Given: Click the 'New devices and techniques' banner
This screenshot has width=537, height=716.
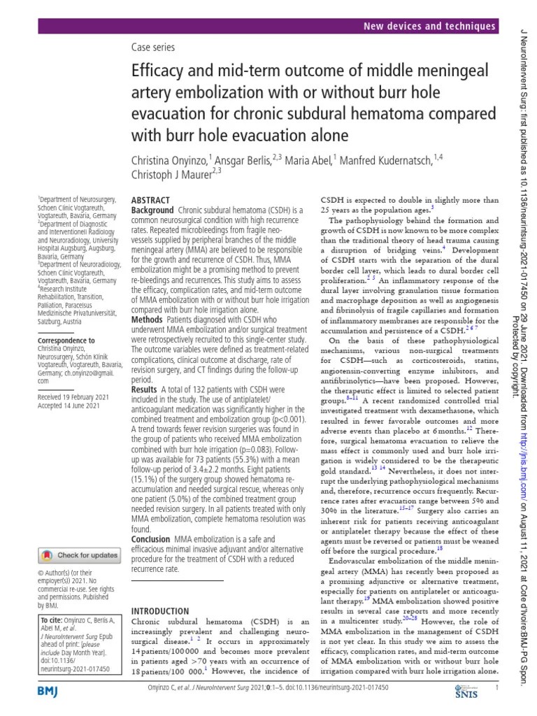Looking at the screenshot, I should tap(429, 26).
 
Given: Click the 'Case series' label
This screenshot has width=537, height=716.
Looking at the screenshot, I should tap(153, 48).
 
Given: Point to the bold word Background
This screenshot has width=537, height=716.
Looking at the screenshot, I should tap(152, 210).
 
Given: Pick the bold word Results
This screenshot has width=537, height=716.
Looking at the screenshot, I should tap(145, 389).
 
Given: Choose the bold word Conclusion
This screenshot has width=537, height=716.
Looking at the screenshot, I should tap(151, 540).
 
